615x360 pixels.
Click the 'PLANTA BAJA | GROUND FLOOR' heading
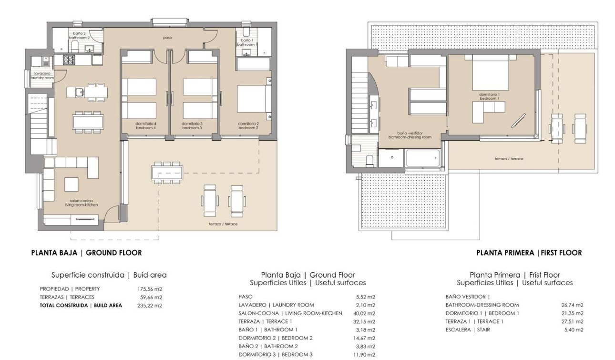tap(86, 253)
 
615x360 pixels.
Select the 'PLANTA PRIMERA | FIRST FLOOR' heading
tap(529, 253)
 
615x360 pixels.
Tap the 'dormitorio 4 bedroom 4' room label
tap(146, 125)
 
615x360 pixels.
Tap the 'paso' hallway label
tap(167, 37)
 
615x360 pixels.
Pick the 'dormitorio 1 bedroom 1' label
tap(491, 96)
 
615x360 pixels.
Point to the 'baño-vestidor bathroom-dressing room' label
tap(409, 135)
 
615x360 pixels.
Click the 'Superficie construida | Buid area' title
tap(109, 275)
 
